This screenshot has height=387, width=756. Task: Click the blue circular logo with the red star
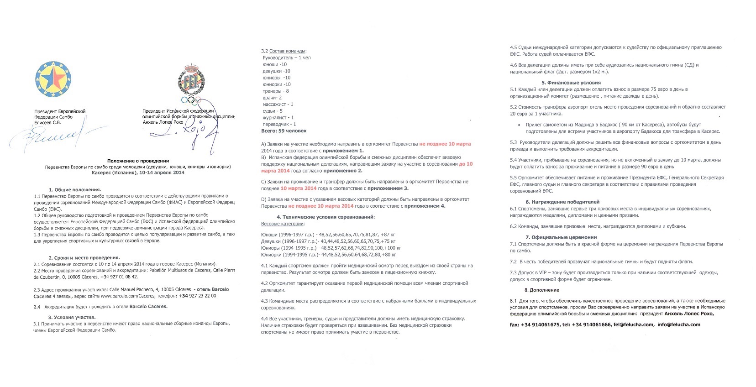[53, 80]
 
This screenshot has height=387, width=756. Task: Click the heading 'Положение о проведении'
[138, 161]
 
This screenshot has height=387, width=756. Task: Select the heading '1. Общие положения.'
[75, 189]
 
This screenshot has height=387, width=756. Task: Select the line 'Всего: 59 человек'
[283, 131]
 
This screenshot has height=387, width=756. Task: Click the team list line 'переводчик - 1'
[279, 124]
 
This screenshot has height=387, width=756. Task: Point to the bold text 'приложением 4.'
[425, 206]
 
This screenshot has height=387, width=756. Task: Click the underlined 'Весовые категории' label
[282, 224]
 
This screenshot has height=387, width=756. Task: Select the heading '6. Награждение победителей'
[562, 202]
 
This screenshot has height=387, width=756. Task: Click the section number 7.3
[514, 272]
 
